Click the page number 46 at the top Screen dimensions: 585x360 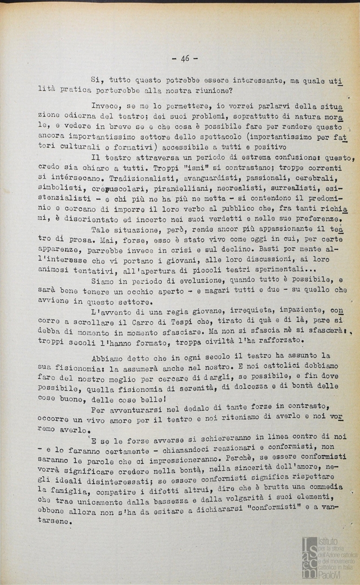pos(184,58)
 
